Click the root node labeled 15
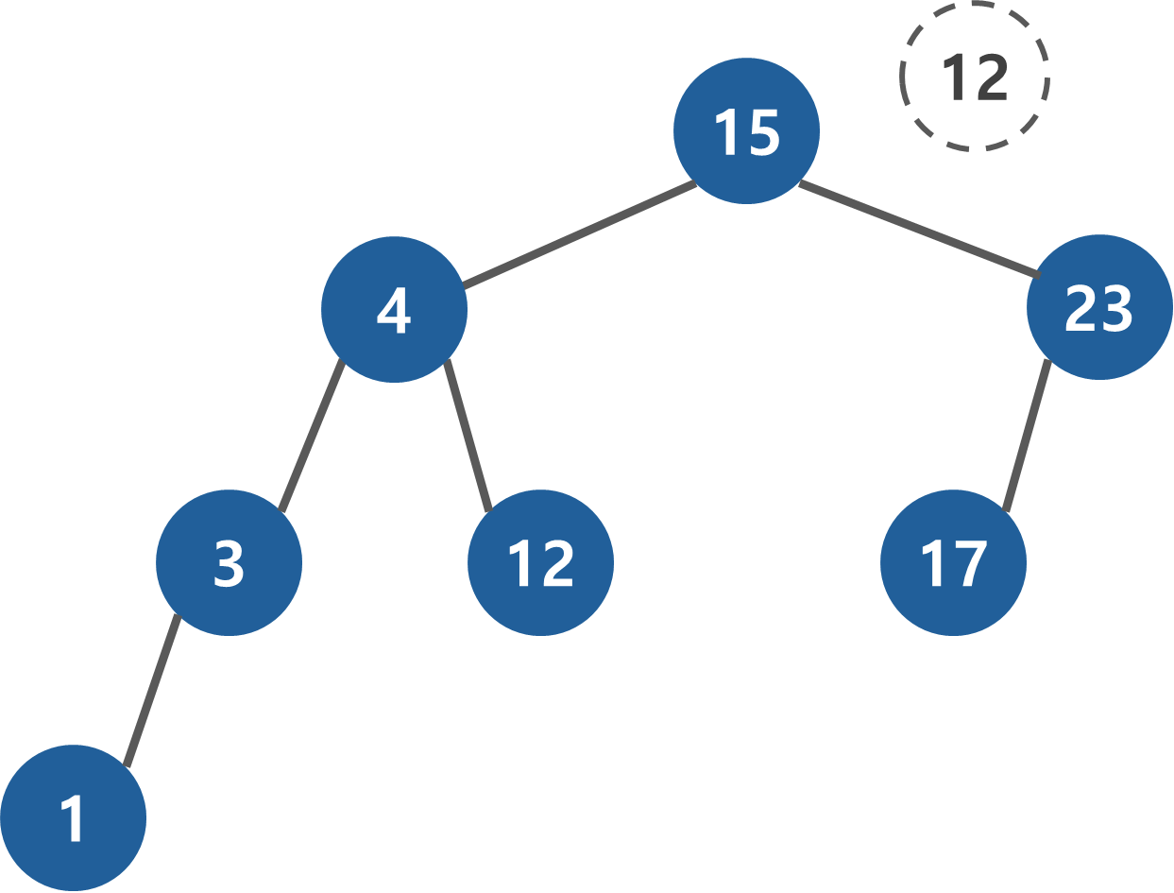746,130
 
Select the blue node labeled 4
394,309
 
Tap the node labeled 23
1099,307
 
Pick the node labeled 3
229,562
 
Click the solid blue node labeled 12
540,562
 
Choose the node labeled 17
953,562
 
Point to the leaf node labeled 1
73,817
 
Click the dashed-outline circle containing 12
974,77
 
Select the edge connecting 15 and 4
580,234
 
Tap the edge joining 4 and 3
312,437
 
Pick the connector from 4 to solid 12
468,437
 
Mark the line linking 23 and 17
1027,437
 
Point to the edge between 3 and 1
151,691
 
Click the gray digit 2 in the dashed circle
991,77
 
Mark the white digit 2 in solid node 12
557,563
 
